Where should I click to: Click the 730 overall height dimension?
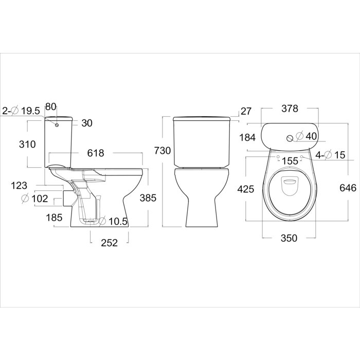163,151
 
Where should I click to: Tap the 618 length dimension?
96,153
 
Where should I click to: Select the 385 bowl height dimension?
148,197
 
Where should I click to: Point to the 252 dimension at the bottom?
109,243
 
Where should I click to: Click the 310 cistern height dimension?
27,145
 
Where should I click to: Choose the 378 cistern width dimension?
290,109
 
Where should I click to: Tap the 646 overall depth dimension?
348,188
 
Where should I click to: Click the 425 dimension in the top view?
246,189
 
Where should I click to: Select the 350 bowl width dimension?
289,238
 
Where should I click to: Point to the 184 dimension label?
247,137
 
